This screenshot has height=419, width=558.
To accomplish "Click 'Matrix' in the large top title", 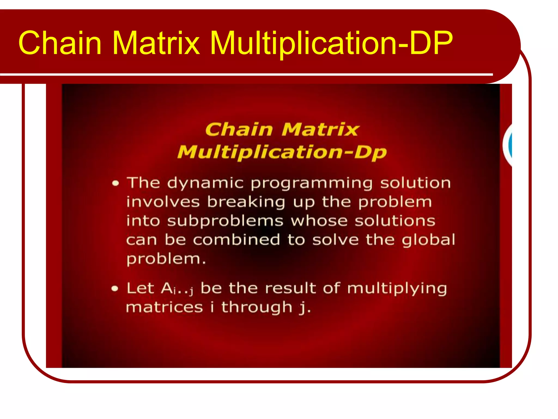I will pos(156,43).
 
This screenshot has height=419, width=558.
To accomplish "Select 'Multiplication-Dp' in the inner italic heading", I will pos(282,152).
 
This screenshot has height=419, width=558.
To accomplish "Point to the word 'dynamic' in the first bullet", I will pos(205,183).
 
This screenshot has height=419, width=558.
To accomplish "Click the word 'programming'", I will pos(311,183).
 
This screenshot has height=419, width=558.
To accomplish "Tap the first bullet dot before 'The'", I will pos(116,183).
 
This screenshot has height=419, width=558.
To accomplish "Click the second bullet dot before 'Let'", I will pos(115,289).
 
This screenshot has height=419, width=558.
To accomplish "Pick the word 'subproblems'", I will pos(225,221).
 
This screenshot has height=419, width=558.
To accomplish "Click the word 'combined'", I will pos(236,240).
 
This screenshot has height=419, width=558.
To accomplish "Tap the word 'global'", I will pos(428,240).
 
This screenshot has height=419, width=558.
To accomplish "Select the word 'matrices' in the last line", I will pos(165,307).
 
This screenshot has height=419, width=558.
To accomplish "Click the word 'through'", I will pos(257,307).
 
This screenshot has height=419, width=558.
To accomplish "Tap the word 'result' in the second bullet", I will pos(290,289).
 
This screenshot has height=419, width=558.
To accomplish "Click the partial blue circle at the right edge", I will pos(509,145).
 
